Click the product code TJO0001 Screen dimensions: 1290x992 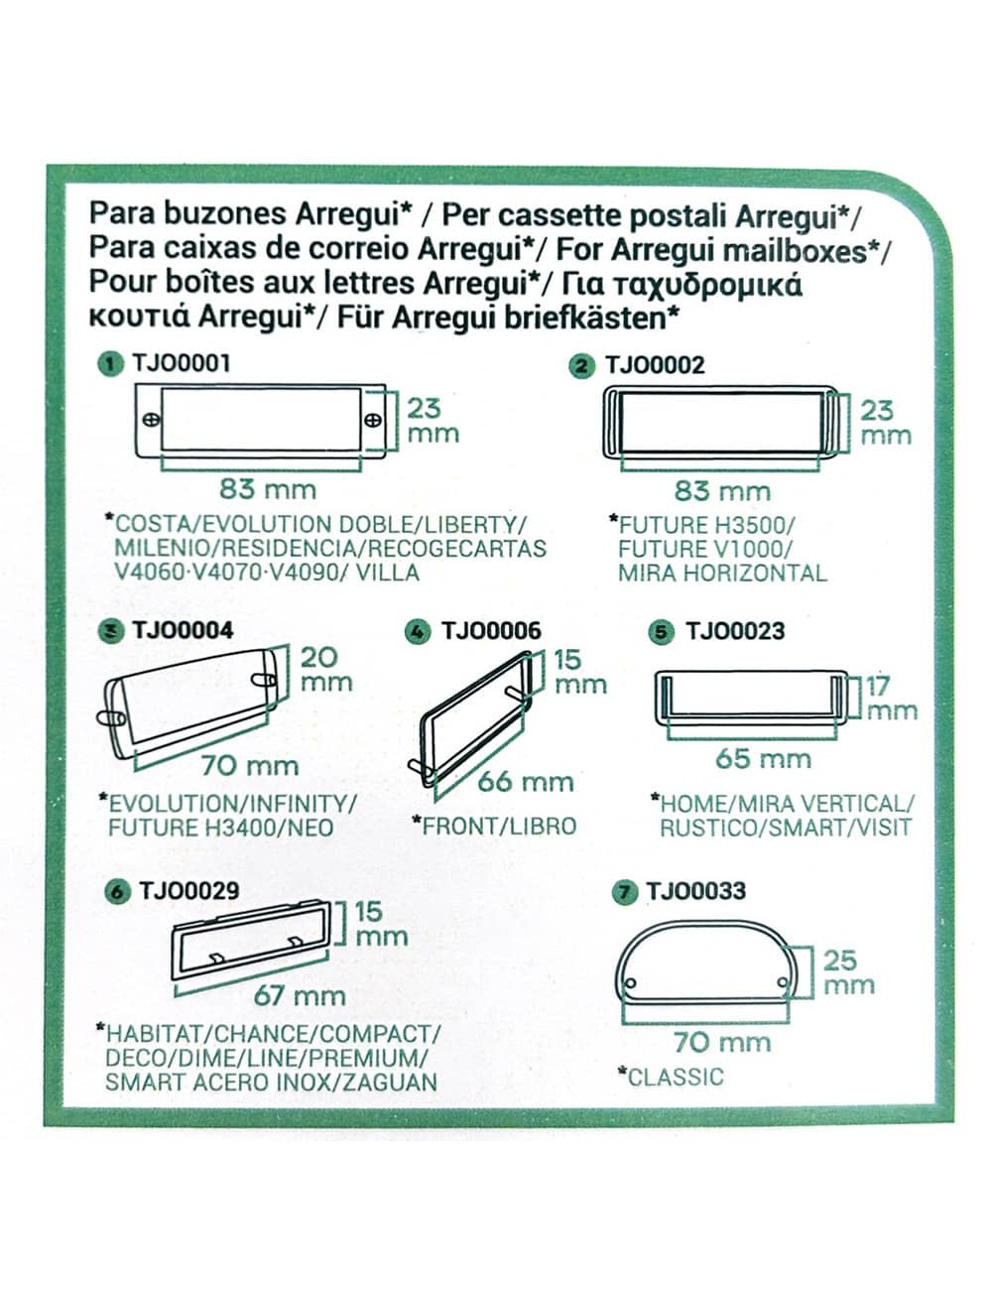tap(181, 363)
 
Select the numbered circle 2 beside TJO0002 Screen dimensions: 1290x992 tap(582, 366)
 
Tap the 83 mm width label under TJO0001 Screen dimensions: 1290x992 tap(267, 488)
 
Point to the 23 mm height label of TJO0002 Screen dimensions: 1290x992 tap(882, 422)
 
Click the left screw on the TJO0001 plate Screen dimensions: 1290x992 tap(152, 420)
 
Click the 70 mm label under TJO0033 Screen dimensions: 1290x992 tap(721, 1042)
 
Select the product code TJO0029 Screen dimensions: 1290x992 tap(188, 890)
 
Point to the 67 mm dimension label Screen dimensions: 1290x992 tap(300, 995)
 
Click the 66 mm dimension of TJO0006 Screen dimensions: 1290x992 tap(525, 781)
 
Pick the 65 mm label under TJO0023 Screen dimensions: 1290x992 tap(763, 759)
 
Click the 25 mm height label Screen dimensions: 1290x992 tap(849, 972)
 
